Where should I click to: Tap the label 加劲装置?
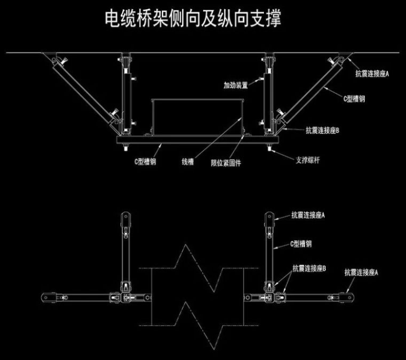236,86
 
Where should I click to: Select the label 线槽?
188,162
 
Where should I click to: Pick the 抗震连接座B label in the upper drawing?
323,131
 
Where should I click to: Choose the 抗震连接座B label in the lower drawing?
309,269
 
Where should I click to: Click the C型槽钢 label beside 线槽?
145,162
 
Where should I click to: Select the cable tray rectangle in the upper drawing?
196,116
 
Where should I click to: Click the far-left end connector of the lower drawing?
47,297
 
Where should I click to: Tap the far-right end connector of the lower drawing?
346,296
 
